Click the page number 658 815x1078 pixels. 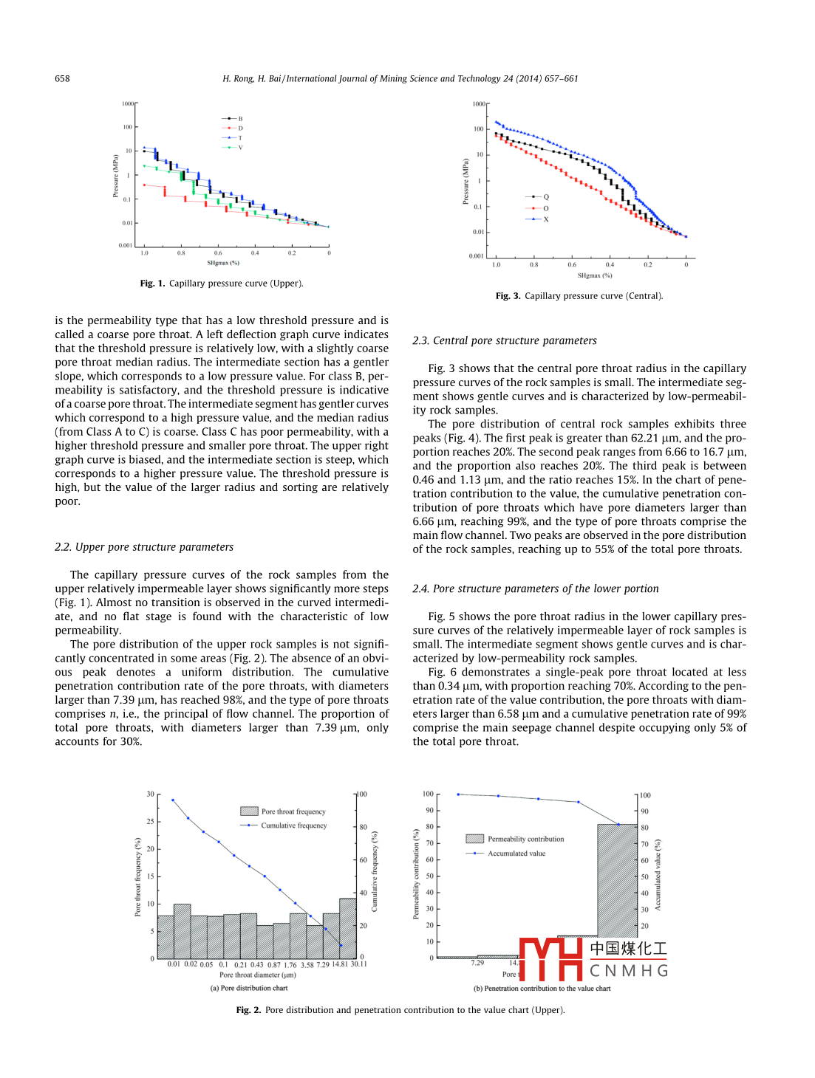pos(62,78)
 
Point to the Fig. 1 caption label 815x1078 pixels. pos(152,284)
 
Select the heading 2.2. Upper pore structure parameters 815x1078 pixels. pos(144,547)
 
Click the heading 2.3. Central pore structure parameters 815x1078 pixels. pos(505,340)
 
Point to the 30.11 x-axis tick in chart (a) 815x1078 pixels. pos(358,964)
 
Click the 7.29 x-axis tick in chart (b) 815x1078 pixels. pos(478,963)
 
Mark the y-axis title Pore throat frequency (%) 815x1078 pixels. pos(137,877)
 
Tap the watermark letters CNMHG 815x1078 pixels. pos(629,971)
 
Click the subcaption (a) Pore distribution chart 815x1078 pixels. pos(249,988)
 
